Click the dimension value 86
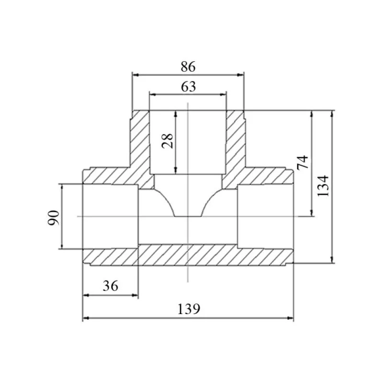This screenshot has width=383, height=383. click(188, 67)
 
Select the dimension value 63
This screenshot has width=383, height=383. click(188, 87)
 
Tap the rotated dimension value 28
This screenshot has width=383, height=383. click(168, 141)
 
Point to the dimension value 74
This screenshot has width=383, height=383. click(303, 163)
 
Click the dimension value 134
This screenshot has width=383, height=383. click(323, 186)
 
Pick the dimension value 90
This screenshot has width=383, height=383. click(54, 218)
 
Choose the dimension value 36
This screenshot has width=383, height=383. click(111, 286)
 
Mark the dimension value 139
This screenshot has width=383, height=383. click(189, 309)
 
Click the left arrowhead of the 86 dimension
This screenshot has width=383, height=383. click(135, 75)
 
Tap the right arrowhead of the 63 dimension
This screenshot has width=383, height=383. click(223, 94)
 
